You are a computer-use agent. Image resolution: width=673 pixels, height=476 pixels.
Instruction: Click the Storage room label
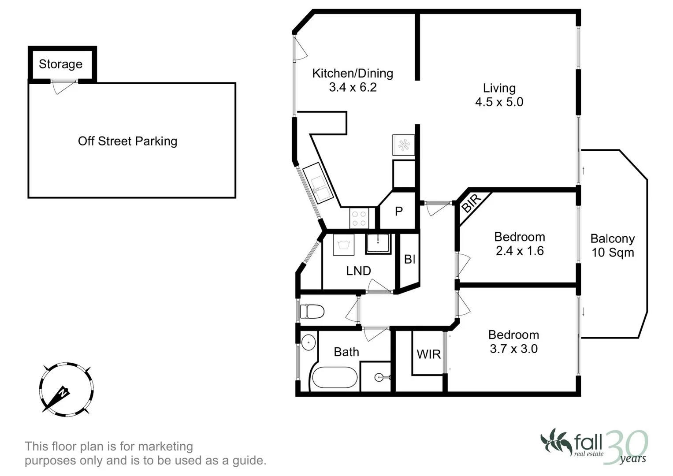click(61, 64)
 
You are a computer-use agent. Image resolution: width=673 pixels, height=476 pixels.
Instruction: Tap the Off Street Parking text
click(128, 141)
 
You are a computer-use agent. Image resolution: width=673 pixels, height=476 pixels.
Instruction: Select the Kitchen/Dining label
click(353, 73)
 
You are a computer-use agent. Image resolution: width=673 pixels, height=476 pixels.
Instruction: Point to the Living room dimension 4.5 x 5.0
click(499, 102)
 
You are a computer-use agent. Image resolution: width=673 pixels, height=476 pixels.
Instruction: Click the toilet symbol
click(312, 311)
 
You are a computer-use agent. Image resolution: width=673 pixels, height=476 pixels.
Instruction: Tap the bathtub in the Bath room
click(335, 377)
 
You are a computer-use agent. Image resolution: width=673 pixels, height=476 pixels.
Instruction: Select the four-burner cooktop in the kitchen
click(359, 219)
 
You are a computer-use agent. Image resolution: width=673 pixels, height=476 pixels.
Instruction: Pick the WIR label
click(429, 355)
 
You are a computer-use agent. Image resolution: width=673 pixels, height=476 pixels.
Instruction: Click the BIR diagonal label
click(471, 204)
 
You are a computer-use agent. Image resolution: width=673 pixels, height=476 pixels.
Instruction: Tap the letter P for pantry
click(399, 212)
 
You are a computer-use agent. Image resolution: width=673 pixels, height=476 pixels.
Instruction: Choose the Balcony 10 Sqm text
click(613, 245)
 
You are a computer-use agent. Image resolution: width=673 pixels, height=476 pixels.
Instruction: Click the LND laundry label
click(358, 271)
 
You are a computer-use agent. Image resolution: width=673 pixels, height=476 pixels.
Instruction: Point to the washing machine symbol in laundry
click(343, 245)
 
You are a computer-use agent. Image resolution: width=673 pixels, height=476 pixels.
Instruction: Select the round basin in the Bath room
click(308, 342)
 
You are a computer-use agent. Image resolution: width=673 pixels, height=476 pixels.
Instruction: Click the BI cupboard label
click(410, 259)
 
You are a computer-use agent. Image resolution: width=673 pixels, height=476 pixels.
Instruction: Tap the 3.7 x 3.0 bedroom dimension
click(514, 349)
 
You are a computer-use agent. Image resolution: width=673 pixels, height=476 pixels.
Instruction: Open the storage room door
click(64, 86)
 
